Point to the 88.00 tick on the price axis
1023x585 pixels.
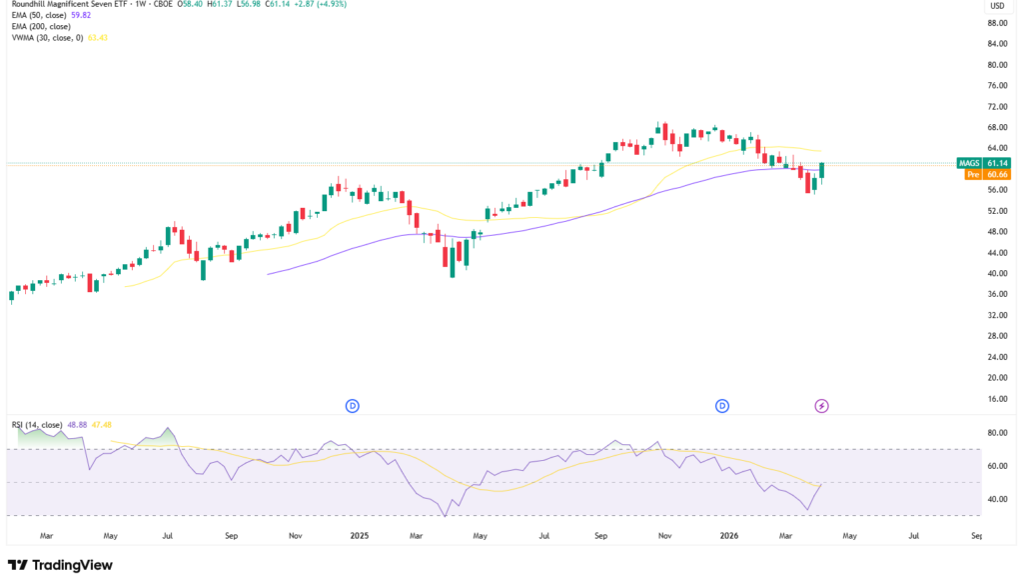click(996, 23)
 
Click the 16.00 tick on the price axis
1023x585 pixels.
click(996, 399)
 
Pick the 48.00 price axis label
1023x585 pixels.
click(996, 232)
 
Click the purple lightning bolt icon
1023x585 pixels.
click(822, 405)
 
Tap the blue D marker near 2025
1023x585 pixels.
click(353, 405)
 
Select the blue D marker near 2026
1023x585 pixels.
click(722, 405)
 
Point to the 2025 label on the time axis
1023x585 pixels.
click(360, 536)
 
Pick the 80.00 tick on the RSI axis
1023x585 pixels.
click(996, 433)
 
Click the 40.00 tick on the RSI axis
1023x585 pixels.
click(996, 499)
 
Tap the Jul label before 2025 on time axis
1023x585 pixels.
click(169, 536)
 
